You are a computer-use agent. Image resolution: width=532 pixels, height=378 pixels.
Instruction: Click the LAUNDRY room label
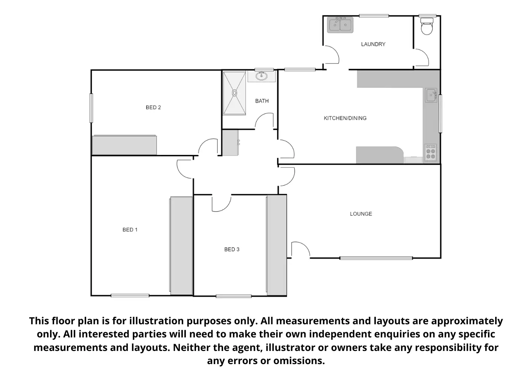(x=373, y=44)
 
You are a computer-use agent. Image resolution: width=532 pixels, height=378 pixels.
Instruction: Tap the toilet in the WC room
(x=427, y=26)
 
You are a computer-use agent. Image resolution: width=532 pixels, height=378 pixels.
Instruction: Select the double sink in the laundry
(x=340, y=25)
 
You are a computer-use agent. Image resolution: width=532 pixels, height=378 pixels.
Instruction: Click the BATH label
(x=262, y=101)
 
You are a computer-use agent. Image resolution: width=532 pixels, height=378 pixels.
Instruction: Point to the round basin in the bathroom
(x=261, y=76)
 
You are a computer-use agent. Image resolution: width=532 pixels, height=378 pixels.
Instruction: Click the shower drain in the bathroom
(x=234, y=93)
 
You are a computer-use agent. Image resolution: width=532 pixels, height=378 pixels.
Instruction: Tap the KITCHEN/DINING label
(x=345, y=118)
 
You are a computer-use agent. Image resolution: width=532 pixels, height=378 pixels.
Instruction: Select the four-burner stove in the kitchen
(x=430, y=153)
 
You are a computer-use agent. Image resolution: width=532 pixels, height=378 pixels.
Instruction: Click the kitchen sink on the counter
(x=431, y=95)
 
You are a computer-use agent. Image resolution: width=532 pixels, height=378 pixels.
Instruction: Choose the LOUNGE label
(x=361, y=214)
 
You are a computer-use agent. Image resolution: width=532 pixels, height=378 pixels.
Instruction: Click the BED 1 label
(x=130, y=230)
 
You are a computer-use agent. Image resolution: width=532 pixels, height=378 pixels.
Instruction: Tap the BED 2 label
(x=153, y=107)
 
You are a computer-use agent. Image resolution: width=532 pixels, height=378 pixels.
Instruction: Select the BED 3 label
(x=232, y=249)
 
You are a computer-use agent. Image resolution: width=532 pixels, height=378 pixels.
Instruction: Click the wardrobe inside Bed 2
(x=124, y=145)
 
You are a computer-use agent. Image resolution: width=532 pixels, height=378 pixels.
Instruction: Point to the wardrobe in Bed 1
(x=181, y=246)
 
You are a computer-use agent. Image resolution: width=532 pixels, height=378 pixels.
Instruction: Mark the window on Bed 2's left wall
(x=91, y=108)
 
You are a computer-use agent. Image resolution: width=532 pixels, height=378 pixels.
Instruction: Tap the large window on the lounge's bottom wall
(x=376, y=258)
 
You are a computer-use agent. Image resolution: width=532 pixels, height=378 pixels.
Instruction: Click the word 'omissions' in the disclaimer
(x=299, y=361)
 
